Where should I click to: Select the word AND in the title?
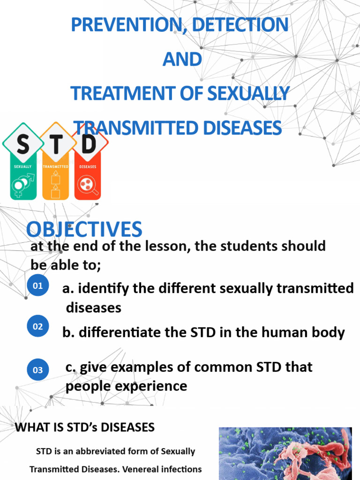click(x=181, y=60)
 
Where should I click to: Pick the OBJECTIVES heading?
click(x=84, y=229)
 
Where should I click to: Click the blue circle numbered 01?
click(x=37, y=286)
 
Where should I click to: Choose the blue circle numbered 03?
click(x=37, y=370)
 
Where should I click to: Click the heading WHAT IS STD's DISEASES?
click(x=85, y=427)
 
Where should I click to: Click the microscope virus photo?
click(x=285, y=453)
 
